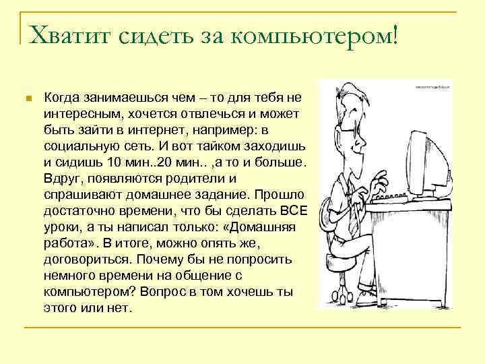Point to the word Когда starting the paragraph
[61, 98]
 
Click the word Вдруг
[62, 178]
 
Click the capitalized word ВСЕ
[294, 210]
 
